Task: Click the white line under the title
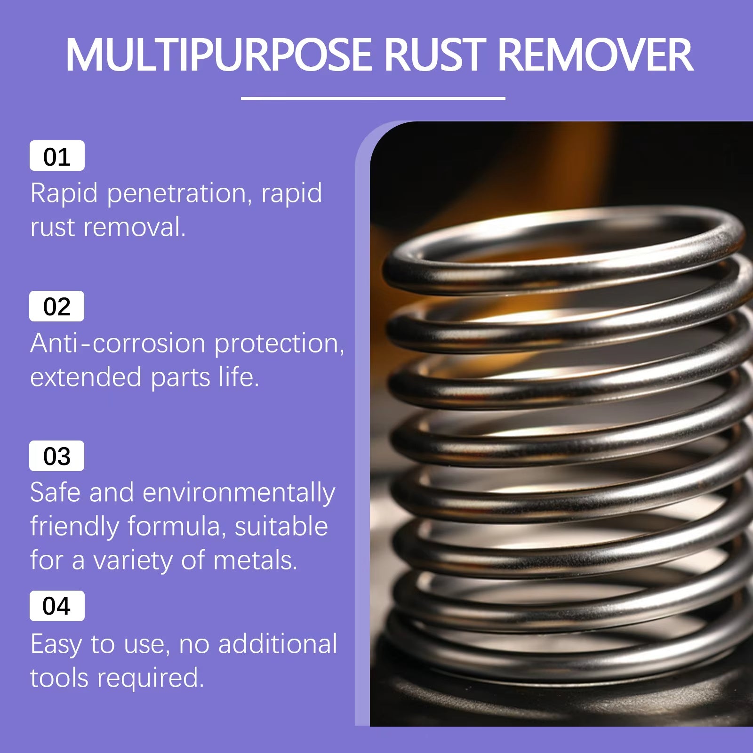373,98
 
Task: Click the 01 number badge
57,156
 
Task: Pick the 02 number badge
56,306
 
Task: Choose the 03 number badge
56,456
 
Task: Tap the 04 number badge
57,606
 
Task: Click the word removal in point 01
134,227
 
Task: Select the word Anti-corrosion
118,343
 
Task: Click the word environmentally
239,493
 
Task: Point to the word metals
255,561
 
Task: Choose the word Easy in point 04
56,645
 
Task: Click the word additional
278,644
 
